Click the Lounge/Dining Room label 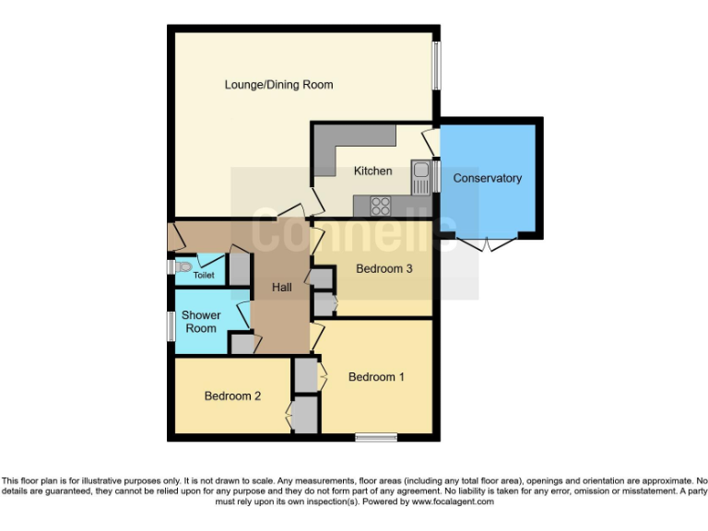pos(278,85)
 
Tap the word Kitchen pos(372,171)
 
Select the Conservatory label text pos(487,178)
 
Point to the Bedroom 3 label pos(385,269)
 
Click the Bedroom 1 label pos(376,377)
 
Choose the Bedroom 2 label pos(232,396)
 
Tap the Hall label pos(281,288)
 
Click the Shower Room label pos(201,322)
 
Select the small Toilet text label pos(204,276)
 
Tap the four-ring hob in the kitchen pos(380,206)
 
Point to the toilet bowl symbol pos(184,267)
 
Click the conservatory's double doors pos(488,244)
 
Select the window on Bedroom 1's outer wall pos(375,437)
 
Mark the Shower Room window pos(171,325)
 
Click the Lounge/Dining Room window pos(437,65)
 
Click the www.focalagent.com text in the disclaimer pos(453,502)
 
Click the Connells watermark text pos(354,230)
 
